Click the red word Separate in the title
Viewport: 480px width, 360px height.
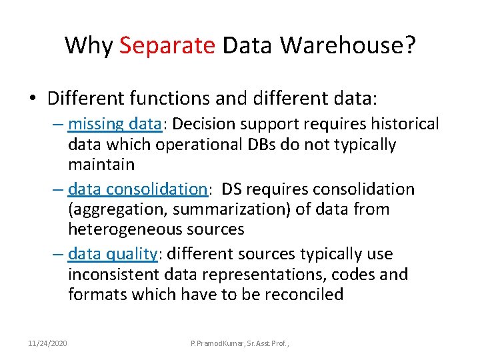point(167,45)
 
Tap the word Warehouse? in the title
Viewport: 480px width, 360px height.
point(349,45)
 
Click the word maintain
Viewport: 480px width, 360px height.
point(101,164)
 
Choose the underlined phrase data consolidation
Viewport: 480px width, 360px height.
point(138,189)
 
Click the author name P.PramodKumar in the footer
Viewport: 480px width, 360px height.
point(217,343)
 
